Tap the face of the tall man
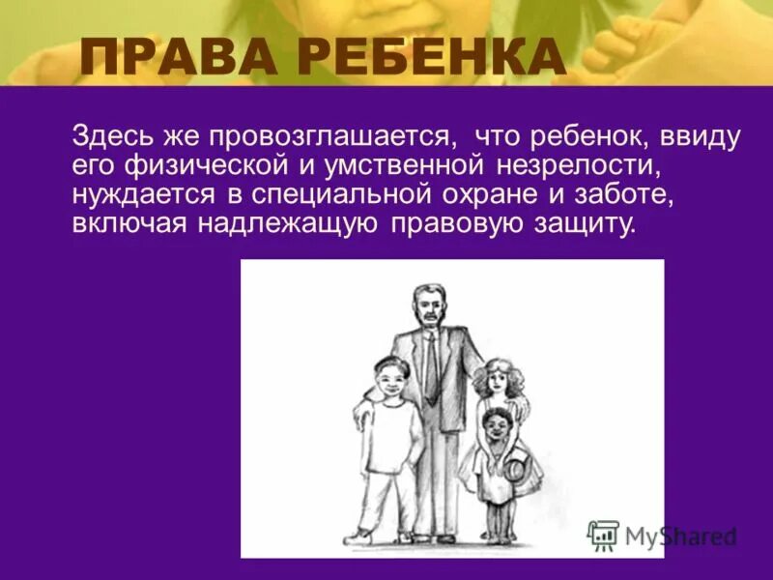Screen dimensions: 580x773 pyautogui.click(x=426, y=307)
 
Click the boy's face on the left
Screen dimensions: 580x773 pyautogui.click(x=389, y=378)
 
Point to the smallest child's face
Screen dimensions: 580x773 pyautogui.click(x=497, y=425)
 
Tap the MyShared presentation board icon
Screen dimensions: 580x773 pyautogui.click(x=604, y=535)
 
